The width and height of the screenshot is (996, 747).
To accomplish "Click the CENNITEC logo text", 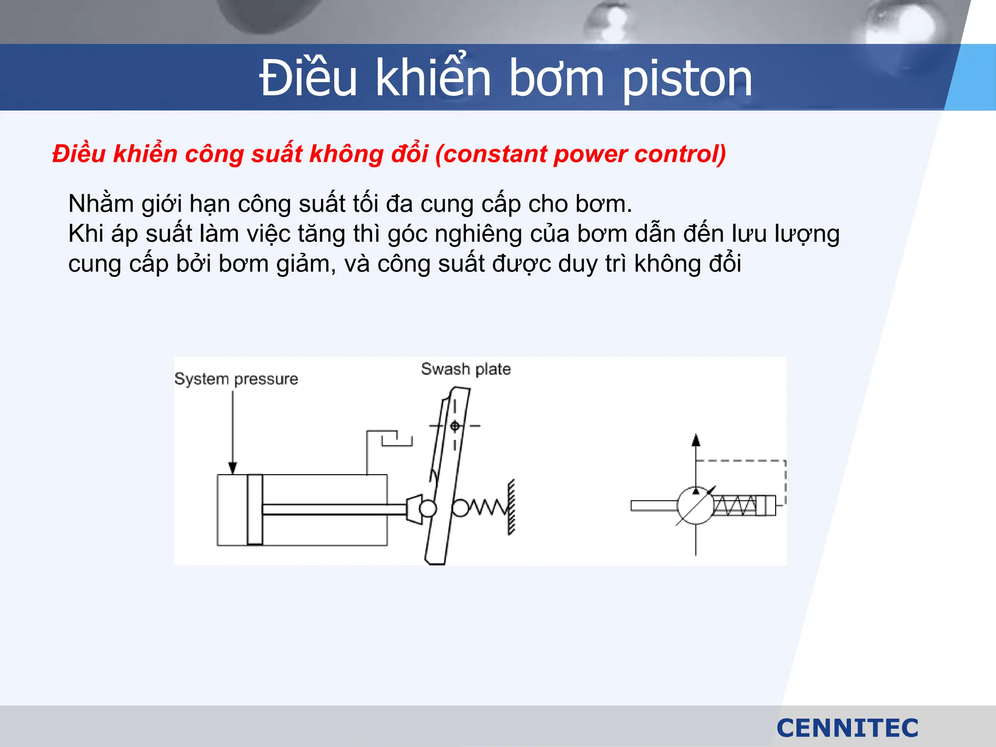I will tap(847, 728).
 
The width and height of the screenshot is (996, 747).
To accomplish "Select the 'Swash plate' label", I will tap(465, 369).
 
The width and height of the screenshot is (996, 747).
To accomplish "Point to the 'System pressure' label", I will tap(236, 379).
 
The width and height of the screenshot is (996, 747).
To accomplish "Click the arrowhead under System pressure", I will tap(232, 467).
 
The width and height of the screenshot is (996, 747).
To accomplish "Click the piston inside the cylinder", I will tap(255, 509).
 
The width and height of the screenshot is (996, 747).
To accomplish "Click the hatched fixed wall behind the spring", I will tap(511, 507).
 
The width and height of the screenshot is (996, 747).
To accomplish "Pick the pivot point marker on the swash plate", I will tap(455, 426).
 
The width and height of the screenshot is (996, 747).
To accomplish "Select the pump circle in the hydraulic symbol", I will tap(695, 505).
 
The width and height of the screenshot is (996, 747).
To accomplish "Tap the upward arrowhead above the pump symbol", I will tap(696, 441).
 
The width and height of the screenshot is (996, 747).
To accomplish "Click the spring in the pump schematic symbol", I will tap(735, 505).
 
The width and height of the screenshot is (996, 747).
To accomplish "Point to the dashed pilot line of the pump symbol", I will tap(741, 461).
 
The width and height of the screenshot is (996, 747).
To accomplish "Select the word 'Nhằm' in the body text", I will tap(101, 204).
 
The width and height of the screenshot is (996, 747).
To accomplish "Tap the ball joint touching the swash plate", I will tap(427, 509).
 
